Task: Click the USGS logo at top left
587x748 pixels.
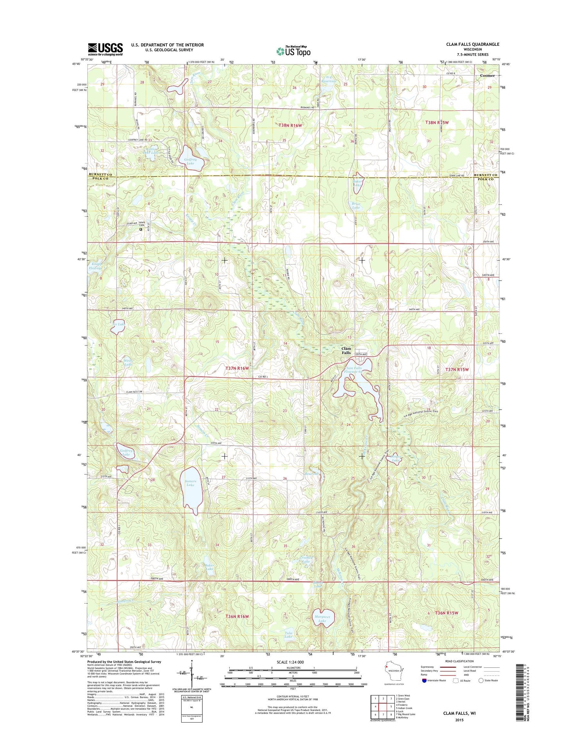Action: (105, 49)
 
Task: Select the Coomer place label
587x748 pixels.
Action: (487, 76)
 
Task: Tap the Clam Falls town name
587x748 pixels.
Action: (346, 351)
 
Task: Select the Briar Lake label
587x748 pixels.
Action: (356, 206)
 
